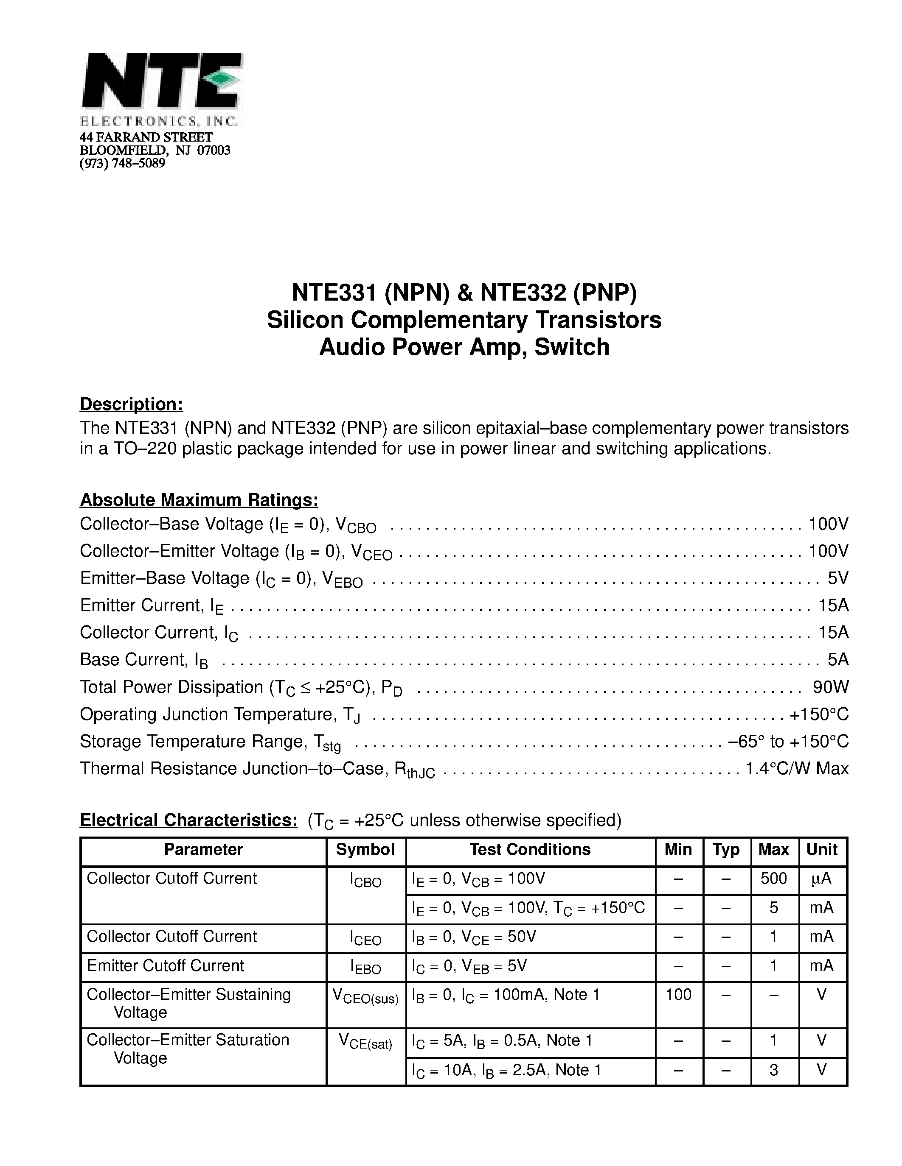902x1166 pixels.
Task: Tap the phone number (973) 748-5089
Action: pyautogui.click(x=122, y=163)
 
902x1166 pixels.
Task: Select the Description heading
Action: pyautogui.click(x=132, y=404)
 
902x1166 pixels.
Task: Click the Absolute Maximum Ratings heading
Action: pyautogui.click(x=199, y=500)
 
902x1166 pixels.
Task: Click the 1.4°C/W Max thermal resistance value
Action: pyautogui.click(x=796, y=768)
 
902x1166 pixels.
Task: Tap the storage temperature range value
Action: pyautogui.click(x=788, y=741)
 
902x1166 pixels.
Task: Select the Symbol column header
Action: pyautogui.click(x=365, y=849)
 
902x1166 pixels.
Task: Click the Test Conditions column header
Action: pyautogui.click(x=530, y=849)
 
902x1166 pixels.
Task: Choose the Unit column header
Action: pyautogui.click(x=822, y=849)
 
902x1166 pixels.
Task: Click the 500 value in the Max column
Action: pyautogui.click(x=773, y=878)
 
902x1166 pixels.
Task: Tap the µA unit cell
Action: pyautogui.click(x=821, y=878)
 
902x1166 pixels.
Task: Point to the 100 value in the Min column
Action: pyautogui.click(x=678, y=994)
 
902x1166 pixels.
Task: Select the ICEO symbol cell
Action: pyautogui.click(x=365, y=938)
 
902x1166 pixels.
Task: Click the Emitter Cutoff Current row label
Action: pyautogui.click(x=165, y=965)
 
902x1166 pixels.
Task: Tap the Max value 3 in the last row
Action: pyautogui.click(x=773, y=1070)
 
